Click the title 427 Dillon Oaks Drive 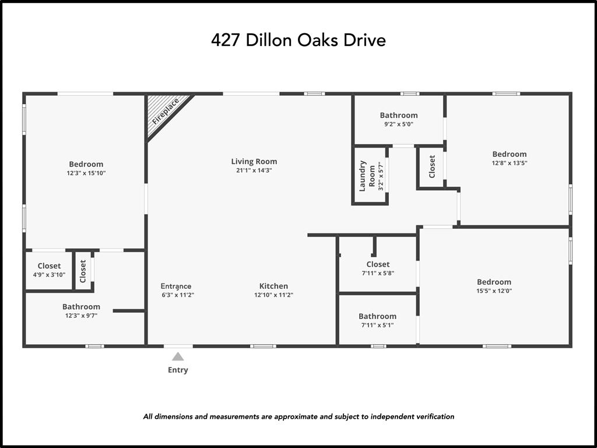[298, 41]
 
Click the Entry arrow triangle [178, 356]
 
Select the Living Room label [254, 162]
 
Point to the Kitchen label [273, 286]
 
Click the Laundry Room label [367, 175]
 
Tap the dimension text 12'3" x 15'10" [86, 173]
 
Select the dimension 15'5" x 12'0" [494, 291]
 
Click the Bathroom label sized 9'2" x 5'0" [399, 115]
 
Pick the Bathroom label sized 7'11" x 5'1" [377, 316]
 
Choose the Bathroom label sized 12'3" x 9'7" [81, 306]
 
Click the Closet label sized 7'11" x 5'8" [378, 264]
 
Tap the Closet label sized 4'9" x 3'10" [49, 266]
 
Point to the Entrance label [176, 286]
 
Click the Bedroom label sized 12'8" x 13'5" [509, 154]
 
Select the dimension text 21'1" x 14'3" [254, 170]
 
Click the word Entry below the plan [178, 370]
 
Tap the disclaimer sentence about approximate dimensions [298, 416]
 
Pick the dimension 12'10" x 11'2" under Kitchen [273, 295]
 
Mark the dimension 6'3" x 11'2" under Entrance [177, 295]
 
